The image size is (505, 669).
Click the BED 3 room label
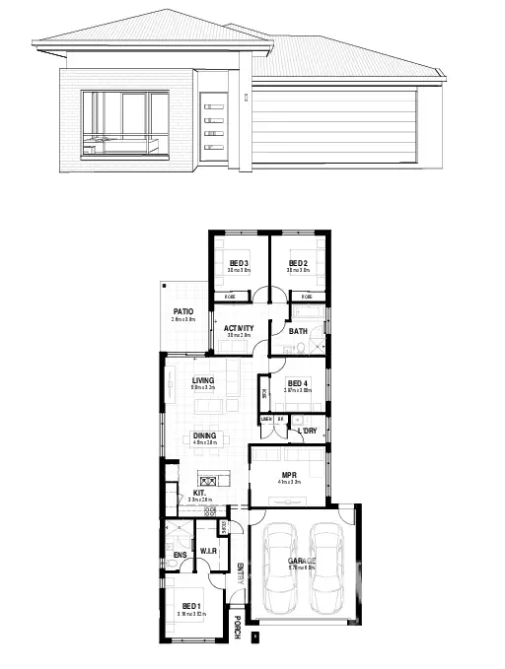(x=239, y=263)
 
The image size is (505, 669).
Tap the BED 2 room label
(x=299, y=263)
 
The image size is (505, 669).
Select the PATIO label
(x=182, y=311)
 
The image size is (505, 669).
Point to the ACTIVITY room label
(x=239, y=328)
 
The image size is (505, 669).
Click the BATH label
(x=298, y=331)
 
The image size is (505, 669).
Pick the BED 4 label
(x=298, y=383)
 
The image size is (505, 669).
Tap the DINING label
(x=204, y=435)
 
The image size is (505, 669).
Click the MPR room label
(x=289, y=475)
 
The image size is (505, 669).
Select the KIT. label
(x=199, y=494)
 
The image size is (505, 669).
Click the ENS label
(x=180, y=556)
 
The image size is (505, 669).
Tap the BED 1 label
(x=191, y=606)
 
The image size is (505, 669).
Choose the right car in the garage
(x=325, y=569)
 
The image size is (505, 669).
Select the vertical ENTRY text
(x=240, y=574)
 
